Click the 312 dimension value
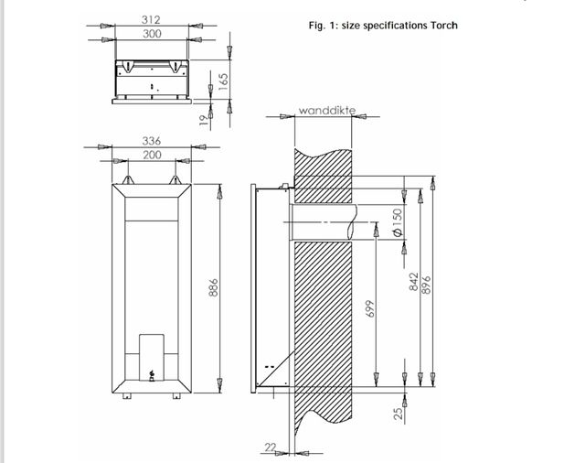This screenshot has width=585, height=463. click(152, 18)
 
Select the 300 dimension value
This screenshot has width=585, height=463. click(152, 34)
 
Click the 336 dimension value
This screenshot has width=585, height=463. click(152, 141)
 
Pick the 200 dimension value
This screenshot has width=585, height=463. click(152, 156)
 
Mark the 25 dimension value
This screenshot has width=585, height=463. click(398, 414)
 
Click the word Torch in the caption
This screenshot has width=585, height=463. click(441, 25)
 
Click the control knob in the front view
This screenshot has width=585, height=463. click(152, 373)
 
